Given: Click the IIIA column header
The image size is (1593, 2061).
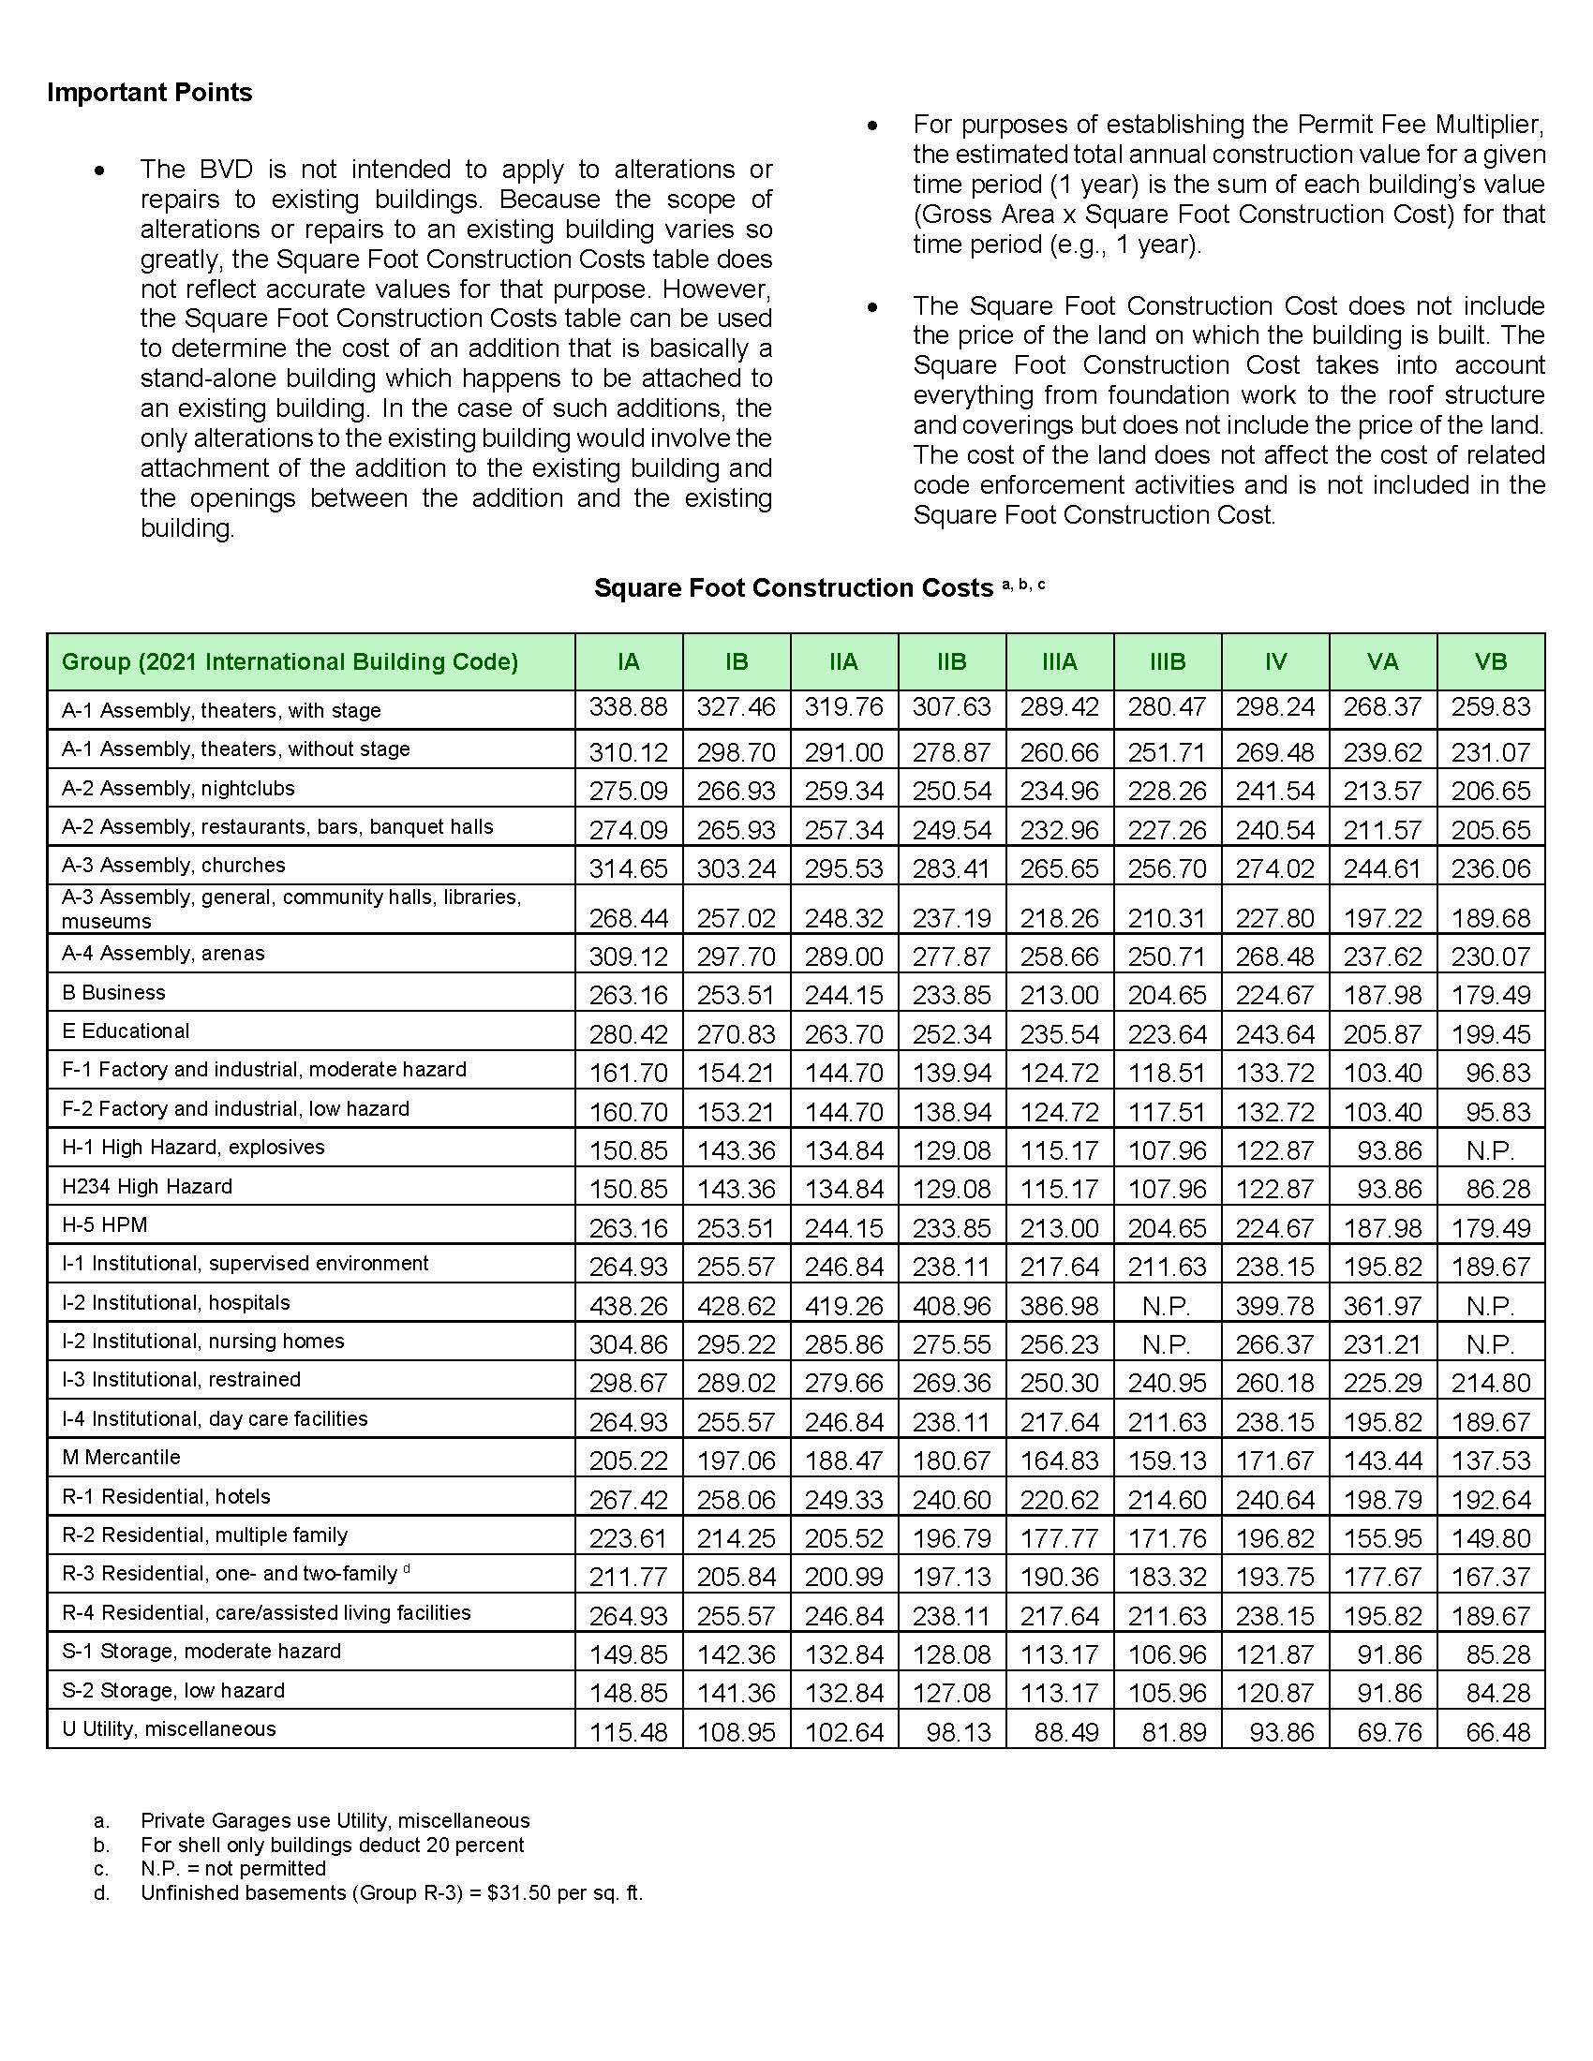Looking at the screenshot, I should click(1059, 661).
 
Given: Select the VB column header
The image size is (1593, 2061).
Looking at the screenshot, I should click(1490, 661).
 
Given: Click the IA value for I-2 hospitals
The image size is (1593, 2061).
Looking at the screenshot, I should click(628, 1306).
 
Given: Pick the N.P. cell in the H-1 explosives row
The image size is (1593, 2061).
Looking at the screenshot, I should click(1490, 1150).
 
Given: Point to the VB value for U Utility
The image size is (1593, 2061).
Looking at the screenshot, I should click(1490, 1731).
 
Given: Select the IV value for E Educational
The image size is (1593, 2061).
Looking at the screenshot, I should click(1275, 1034).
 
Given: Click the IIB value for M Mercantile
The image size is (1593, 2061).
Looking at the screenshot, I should click(951, 1460).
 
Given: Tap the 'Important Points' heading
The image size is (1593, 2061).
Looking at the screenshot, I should click(150, 93).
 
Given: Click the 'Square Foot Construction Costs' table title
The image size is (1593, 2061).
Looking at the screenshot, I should click(793, 588).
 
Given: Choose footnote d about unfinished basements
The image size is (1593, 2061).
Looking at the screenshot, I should click(391, 1892).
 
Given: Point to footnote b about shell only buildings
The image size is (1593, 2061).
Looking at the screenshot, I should click(331, 1844).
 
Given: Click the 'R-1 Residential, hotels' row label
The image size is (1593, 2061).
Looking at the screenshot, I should click(166, 1496).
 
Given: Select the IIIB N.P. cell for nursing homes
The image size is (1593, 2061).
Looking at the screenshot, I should click(1167, 1344).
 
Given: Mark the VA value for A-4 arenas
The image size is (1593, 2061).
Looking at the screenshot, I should click(1382, 956).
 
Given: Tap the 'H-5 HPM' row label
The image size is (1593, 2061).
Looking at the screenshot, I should click(105, 1225).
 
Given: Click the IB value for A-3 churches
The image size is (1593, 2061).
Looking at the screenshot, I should click(737, 868).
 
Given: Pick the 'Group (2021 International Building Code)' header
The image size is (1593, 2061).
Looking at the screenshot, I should click(290, 661).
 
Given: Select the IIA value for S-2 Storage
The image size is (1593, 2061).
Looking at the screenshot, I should click(843, 1693).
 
